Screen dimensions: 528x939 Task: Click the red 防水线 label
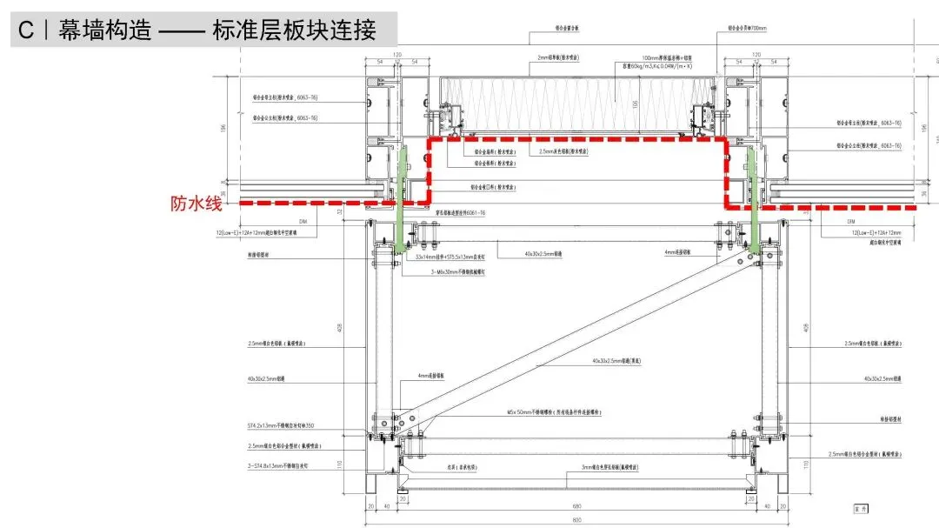[x=197, y=205]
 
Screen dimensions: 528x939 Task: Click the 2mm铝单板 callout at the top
[x=560, y=57]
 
